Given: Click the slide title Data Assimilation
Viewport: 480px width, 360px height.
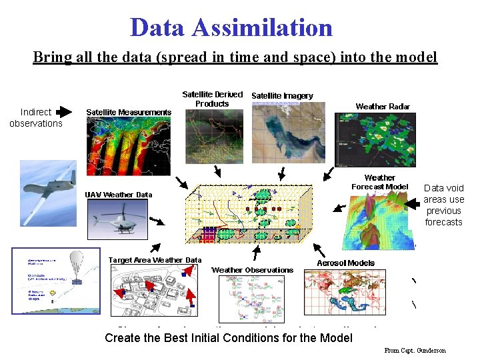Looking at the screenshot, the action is click(231, 27).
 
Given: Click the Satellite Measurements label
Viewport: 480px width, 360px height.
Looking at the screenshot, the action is click(129, 112).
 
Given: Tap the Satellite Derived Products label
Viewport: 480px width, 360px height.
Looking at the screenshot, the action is click(213, 99).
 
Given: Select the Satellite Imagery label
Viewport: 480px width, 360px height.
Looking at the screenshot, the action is click(282, 96).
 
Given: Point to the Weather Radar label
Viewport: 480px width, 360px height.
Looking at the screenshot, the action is click(383, 106).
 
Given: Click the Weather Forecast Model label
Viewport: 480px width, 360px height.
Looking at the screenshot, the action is click(379, 182).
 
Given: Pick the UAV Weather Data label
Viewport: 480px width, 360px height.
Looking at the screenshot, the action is click(119, 195).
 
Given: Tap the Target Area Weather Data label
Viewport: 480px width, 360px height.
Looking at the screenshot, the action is click(155, 260).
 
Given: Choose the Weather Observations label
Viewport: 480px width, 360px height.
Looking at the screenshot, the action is click(252, 270).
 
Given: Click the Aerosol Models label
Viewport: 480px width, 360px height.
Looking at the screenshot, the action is click(345, 263).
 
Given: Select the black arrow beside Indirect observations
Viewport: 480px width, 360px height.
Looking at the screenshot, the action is click(64, 111).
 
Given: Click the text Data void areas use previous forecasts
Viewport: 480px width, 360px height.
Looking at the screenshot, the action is click(443, 205).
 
